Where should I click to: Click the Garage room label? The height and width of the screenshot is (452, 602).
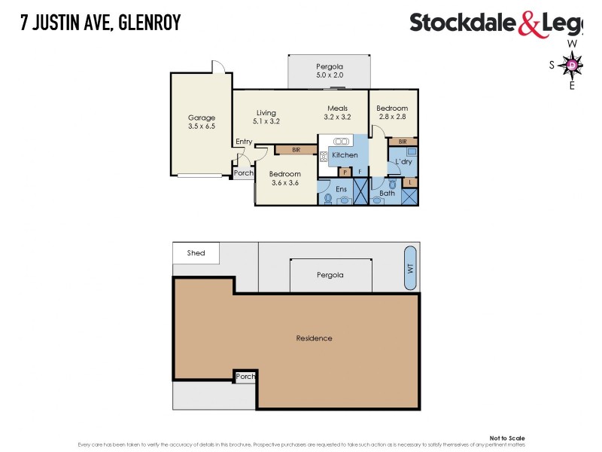[x=201, y=118]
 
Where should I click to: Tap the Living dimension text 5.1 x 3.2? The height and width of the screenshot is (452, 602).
[x=266, y=121]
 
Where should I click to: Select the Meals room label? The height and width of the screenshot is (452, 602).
[x=337, y=108]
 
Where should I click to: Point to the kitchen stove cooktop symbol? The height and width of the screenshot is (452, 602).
[x=324, y=157]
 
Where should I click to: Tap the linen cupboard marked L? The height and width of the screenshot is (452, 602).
[x=409, y=182]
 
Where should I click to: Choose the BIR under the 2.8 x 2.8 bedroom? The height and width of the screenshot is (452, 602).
[x=403, y=142]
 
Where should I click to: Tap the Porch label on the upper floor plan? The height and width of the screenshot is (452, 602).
[x=243, y=173]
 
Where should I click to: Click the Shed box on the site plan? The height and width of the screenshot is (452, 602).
[x=196, y=253]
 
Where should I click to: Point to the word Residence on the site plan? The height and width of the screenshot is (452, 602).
[x=314, y=338]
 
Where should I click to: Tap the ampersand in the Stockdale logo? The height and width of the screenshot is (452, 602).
[x=528, y=23]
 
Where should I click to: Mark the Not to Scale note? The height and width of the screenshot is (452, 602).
[x=507, y=438]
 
